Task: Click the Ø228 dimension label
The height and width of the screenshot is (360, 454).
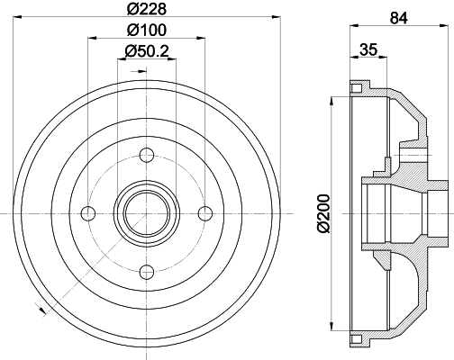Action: [x=147, y=8]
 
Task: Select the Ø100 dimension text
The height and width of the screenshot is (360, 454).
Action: [x=147, y=30]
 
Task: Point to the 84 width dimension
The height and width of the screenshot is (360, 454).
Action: [x=399, y=18]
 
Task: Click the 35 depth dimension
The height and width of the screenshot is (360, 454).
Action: [x=368, y=49]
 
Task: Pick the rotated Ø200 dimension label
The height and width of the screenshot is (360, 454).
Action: [x=323, y=213]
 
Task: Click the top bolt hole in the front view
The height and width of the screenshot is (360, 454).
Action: [x=147, y=155]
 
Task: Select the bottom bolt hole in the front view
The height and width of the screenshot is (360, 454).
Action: [x=147, y=272]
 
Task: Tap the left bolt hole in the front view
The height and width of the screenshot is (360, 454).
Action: [x=88, y=213]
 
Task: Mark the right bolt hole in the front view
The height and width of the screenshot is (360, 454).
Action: [x=205, y=213]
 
